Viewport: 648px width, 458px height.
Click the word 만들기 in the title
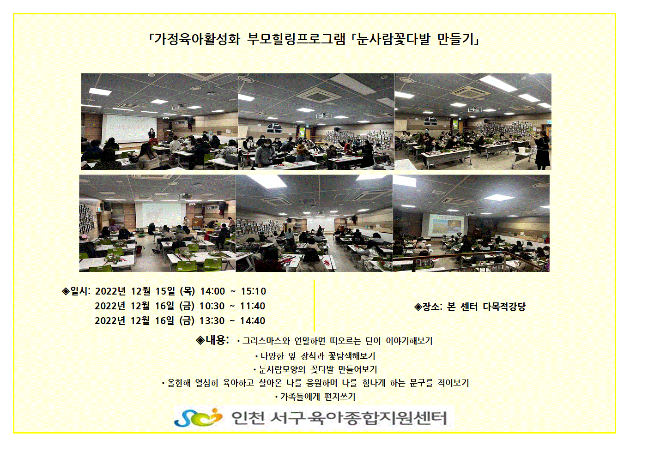[x=458, y=40]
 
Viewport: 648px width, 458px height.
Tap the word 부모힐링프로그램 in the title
[x=297, y=40]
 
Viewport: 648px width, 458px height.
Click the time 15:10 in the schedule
[x=254, y=291]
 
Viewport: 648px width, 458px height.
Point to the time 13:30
[x=212, y=321]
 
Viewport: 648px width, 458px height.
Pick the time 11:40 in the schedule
[x=253, y=306]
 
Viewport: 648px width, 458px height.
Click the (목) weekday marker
[x=187, y=291]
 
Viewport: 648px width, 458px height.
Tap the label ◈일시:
[x=76, y=291]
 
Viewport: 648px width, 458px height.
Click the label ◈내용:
[x=212, y=340]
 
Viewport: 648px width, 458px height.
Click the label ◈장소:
[x=428, y=307]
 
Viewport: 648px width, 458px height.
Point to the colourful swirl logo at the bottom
[x=198, y=417]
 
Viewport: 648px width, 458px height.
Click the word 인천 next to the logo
[x=248, y=418]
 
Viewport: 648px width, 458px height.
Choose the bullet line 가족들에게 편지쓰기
[x=315, y=397]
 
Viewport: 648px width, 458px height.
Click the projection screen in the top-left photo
[x=129, y=128]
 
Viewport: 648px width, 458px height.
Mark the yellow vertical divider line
[x=314, y=305]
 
